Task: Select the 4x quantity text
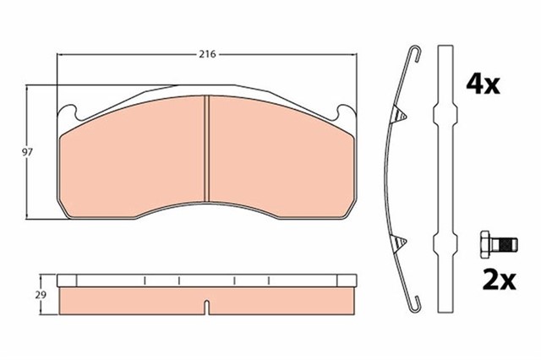(484, 84)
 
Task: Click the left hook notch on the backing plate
(70, 110)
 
